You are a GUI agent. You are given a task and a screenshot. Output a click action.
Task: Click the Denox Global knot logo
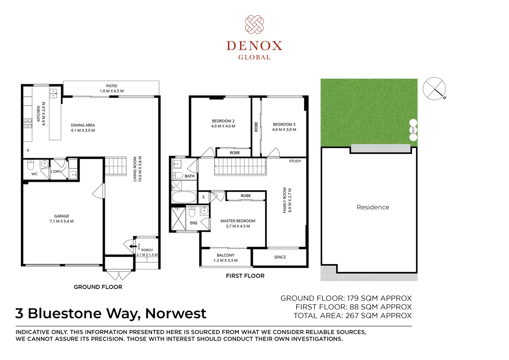point(254,25)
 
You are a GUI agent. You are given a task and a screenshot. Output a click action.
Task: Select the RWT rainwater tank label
point(413,130)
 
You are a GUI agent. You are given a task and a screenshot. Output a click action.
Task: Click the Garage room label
point(62,216)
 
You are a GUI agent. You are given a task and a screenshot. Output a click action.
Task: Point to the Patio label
point(111,86)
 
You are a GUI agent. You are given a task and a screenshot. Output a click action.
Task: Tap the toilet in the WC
point(30,165)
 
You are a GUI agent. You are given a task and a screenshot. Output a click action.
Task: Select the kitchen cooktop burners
point(28,123)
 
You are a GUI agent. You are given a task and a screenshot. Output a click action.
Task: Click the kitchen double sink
point(53,93)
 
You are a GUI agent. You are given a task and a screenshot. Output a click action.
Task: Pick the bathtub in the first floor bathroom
point(184,197)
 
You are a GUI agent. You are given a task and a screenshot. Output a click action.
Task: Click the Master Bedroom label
point(238,221)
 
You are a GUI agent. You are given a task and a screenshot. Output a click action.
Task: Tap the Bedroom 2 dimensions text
point(223,126)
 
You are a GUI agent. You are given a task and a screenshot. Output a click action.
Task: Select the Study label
point(295,161)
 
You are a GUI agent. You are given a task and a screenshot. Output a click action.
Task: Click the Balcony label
point(225,255)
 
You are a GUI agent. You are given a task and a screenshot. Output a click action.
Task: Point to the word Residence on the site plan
point(373,207)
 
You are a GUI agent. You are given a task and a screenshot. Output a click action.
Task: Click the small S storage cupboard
point(203,197)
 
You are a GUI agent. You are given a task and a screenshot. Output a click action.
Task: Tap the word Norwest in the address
point(176,313)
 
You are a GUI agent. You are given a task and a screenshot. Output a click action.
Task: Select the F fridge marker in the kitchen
point(28,150)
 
